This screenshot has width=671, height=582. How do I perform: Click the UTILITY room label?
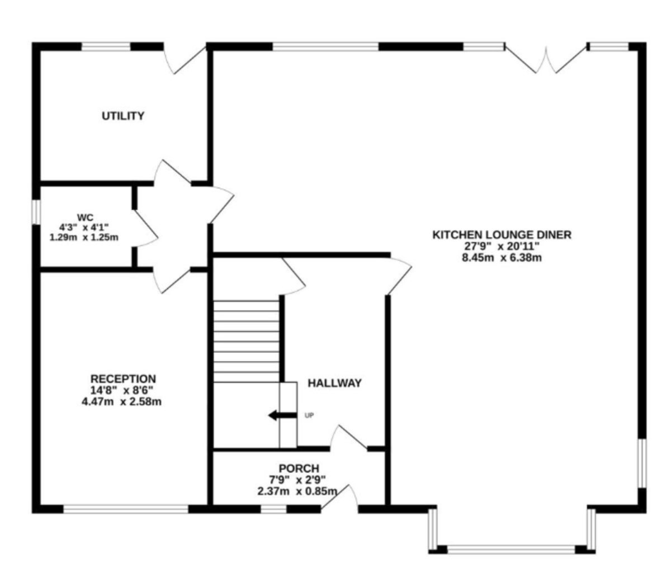pos(123,116)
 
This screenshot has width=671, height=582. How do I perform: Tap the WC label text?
pos(85,217)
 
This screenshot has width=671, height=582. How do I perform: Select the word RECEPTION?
pos(123,378)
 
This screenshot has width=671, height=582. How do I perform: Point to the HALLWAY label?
pos(334,383)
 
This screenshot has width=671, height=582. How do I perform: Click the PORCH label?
pos(299,468)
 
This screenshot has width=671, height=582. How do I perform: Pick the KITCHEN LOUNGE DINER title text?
pos(502,235)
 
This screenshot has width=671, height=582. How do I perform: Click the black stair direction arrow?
pos(283,415)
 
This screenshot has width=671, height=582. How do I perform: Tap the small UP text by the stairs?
pos(309,415)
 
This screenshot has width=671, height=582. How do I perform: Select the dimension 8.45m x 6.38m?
pos(502,258)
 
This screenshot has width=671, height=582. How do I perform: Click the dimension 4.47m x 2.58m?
pos(122,401)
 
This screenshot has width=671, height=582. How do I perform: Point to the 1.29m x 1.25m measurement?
pos(84,237)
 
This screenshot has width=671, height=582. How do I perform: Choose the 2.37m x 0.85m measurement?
pos(297,491)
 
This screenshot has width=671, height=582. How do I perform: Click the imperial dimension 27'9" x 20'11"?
pos(502,246)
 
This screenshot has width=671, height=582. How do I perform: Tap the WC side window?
pos(36,212)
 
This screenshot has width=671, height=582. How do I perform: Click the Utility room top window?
pos(106,46)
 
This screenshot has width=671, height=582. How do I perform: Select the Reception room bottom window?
pos(126,509)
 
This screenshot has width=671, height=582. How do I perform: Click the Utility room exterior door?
pos(185,60)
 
